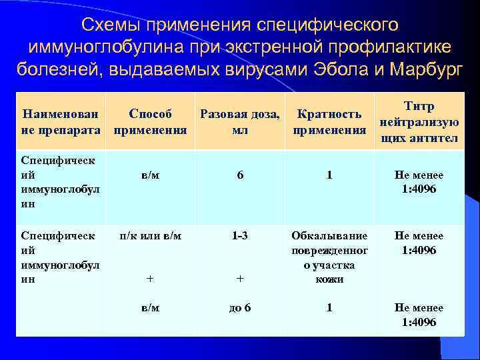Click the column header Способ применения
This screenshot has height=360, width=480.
point(150,122)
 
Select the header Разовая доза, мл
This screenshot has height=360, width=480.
point(240,122)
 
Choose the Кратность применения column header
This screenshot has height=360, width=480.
point(329,122)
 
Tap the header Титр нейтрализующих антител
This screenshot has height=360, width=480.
point(418,122)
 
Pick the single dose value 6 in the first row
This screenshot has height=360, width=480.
point(240,175)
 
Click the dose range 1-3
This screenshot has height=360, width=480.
point(240,236)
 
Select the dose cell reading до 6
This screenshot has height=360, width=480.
point(240,308)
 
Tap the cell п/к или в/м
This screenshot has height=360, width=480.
point(150,236)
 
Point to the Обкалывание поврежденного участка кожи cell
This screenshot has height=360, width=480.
point(329,257)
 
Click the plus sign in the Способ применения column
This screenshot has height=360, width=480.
point(150,280)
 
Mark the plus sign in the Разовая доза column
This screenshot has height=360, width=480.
point(240,280)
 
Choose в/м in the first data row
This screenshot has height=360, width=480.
point(150,175)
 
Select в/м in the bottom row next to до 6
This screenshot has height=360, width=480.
point(150,308)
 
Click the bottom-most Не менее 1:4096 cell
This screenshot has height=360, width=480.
point(418,315)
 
